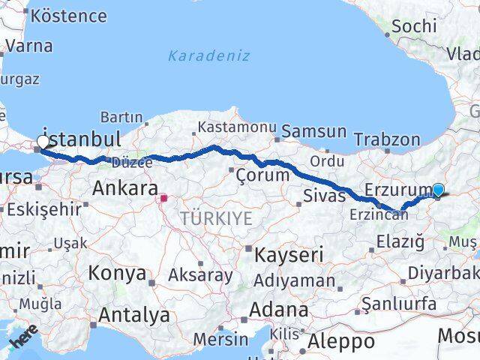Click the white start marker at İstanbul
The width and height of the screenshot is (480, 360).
click(43, 141)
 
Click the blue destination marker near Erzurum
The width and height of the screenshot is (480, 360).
click(438, 190)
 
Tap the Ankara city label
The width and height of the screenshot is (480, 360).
click(124, 189)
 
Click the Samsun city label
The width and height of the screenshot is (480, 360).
click(315, 132)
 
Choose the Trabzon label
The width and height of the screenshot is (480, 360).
click(387, 139)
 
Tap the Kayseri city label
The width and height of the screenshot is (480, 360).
click(289, 255)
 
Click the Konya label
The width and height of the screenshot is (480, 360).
click(117, 273)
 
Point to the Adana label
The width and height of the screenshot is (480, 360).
click(280, 310)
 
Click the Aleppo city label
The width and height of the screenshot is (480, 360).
click(342, 342)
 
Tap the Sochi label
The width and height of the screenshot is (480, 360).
click(414, 25)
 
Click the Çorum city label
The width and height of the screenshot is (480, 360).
click(262, 175)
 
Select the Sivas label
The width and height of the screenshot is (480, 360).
click(325, 196)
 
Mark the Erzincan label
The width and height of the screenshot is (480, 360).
click(379, 214)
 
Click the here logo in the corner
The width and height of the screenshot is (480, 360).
click(23, 337)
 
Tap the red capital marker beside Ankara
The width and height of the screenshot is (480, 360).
click(164, 199)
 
